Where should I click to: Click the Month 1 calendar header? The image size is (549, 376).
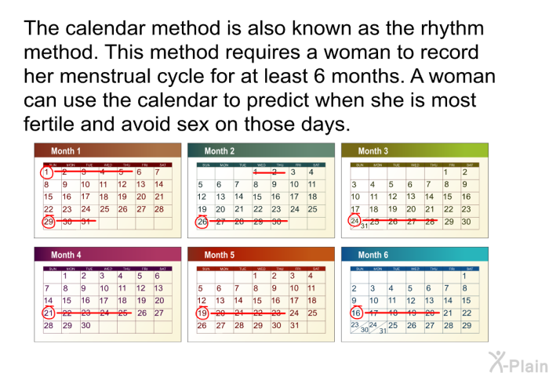pos(66,151)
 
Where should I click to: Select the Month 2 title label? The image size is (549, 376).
pos(220,151)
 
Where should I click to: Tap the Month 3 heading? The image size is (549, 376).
pos(373,151)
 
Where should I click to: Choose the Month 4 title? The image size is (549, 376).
pos(66,255)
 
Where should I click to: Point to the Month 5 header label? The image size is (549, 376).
pos(220,255)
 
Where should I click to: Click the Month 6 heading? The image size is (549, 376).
pos(373,255)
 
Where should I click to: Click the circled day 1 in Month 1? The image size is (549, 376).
pos(48,172)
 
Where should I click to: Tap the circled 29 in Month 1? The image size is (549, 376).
pos(48,222)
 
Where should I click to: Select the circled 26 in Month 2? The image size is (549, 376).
pos(202,222)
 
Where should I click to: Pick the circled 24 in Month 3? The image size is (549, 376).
pos(355,222)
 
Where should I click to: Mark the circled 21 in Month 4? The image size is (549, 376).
pos(48,313)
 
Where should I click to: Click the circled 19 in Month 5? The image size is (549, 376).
pos(202,313)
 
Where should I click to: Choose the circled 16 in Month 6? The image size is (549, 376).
pos(355,313)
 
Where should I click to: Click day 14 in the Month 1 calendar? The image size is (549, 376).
pos(159,185)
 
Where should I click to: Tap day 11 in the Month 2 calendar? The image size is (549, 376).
pos(312,185)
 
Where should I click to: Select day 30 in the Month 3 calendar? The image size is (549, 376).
pos(466,222)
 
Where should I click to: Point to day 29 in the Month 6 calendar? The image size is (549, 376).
pos(467,326)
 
